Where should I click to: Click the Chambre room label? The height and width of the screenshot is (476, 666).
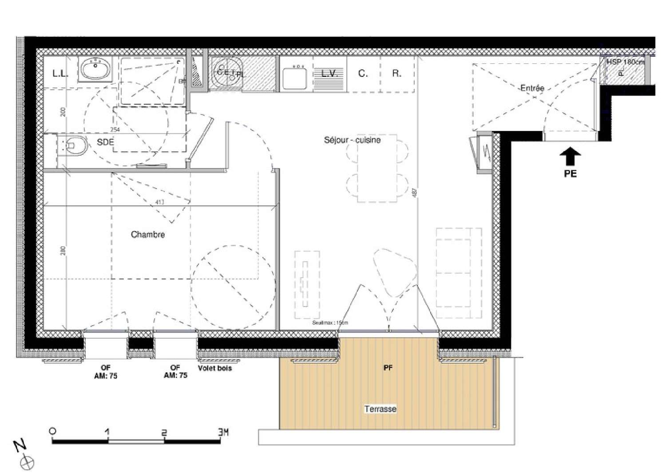coord(148,235)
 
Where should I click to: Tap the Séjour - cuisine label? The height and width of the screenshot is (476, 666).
coord(352,140)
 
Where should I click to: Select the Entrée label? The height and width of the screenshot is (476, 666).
coord(532,88)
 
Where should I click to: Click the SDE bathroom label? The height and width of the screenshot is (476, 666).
coord(105,142)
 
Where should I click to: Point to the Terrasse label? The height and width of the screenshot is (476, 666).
coord(380,409)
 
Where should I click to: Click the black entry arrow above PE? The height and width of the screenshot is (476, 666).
coord(570,157)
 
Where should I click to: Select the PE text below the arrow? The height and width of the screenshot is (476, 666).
coord(570,174)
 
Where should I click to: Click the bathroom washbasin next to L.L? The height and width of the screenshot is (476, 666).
coord(95,70)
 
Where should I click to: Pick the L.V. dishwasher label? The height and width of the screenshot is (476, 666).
coord(329,74)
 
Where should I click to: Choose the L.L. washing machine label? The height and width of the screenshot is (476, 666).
coord(60,74)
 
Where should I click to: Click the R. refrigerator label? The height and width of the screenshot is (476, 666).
coord(396,74)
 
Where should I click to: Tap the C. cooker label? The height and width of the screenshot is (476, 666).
coord(363,74)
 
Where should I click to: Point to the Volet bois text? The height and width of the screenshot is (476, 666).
coord(215,368)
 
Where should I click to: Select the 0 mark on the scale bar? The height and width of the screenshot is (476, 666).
coord(53,431)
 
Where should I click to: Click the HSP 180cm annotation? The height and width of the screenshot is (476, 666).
coord(625,62)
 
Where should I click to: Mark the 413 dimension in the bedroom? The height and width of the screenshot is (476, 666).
coord(160,202)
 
